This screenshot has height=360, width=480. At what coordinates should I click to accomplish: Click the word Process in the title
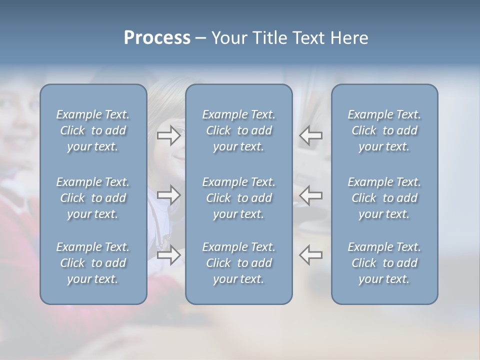157,38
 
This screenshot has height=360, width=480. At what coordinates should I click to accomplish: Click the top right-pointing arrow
168,135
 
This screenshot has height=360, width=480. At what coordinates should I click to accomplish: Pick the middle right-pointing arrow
168,195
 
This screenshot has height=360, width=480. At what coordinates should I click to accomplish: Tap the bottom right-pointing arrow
168,254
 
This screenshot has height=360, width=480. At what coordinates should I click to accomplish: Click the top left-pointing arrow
310,135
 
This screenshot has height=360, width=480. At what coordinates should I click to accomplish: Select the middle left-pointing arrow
310,195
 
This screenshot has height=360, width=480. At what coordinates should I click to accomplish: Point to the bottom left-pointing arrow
310,254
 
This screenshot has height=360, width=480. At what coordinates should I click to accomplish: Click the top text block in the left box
93,130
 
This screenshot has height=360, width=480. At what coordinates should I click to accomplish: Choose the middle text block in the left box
93,198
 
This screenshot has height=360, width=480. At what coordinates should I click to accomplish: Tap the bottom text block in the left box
93,263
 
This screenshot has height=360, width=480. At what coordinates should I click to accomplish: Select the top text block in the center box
238,130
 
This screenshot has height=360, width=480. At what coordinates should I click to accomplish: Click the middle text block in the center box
238,198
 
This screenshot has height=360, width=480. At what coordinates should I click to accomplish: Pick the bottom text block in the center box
238,263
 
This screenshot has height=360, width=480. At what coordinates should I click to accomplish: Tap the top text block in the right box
384,130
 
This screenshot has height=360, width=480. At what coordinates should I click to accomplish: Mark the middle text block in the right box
384,198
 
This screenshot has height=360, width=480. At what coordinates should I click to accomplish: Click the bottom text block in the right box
384,263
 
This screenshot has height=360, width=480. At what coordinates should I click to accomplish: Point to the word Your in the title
227,38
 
